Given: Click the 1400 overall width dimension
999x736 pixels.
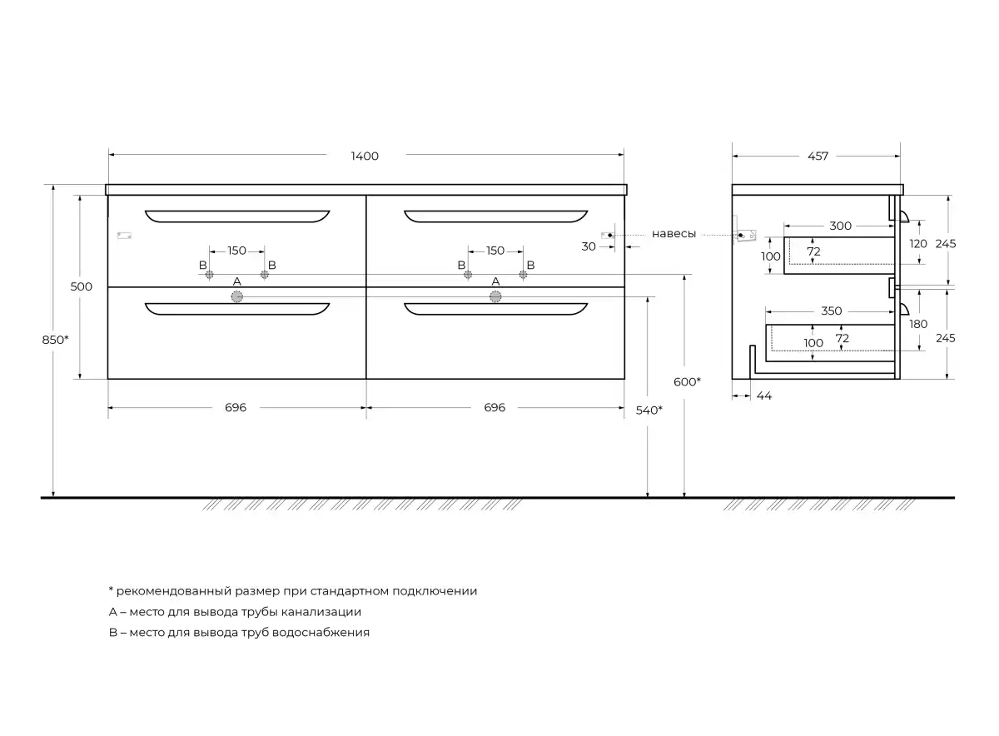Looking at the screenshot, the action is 365,157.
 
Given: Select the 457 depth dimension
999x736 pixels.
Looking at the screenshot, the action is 818,157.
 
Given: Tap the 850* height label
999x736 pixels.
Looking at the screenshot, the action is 55,340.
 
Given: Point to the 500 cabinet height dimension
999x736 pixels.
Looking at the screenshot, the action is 82,286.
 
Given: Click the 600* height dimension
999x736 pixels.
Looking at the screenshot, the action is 687,382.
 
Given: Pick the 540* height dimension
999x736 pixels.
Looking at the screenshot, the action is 649,410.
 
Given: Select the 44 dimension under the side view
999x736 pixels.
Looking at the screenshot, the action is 764,395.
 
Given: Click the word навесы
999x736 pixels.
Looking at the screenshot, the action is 673,234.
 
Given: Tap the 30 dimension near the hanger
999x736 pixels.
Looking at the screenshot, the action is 589,246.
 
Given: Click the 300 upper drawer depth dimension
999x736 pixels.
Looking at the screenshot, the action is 840,226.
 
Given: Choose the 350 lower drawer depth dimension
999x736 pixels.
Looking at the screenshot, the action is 832,311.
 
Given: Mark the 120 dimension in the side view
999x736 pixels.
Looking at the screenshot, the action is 918,244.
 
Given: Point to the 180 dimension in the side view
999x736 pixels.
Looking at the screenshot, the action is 918,324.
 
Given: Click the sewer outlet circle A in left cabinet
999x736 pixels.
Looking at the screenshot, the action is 236,296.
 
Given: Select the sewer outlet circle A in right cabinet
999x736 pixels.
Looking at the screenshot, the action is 495,296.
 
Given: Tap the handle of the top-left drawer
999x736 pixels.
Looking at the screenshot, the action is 237,216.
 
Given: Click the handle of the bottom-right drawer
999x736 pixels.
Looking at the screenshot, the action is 495,309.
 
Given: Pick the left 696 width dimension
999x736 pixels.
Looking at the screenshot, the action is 236,408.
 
